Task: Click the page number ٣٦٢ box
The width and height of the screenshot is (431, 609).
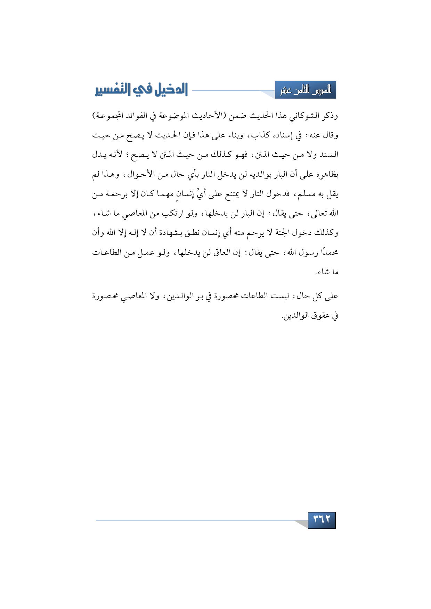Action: (x=322, y=520)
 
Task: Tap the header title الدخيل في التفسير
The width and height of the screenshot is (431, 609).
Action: (x=141, y=90)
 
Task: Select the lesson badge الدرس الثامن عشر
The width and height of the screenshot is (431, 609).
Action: (x=306, y=90)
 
